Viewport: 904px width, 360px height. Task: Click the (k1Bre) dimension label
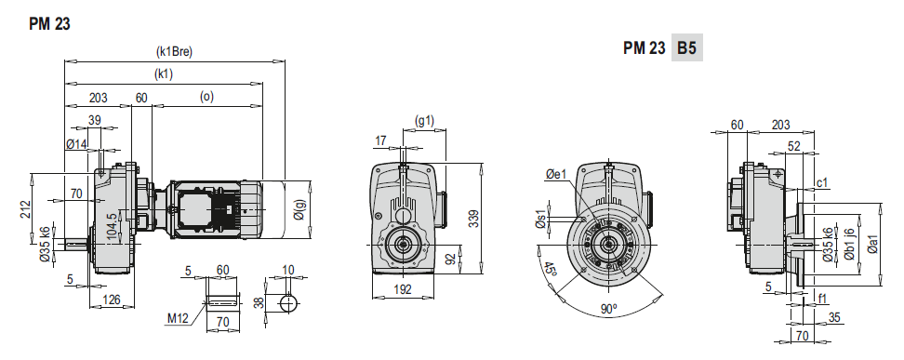pos(174,51)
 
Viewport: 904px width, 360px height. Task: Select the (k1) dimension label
pos(163,73)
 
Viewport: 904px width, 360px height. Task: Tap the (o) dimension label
pos(206,97)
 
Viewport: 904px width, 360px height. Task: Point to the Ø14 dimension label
pos(75,144)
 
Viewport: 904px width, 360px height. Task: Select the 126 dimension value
pos(112,299)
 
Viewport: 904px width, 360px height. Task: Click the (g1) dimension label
pos(425,121)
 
